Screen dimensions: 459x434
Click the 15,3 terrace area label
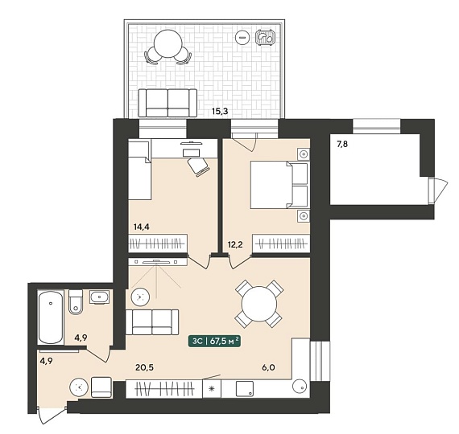220,111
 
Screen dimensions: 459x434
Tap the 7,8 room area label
342,144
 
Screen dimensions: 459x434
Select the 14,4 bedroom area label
142,227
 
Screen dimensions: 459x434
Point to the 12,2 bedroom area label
235,244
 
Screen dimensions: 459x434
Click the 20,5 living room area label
145,367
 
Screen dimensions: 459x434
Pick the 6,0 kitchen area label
268,367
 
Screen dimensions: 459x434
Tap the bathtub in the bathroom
51,317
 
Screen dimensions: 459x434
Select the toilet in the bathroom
76,302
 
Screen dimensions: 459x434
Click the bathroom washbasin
100,297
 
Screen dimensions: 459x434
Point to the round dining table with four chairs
259,304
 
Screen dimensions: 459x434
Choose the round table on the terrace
168,43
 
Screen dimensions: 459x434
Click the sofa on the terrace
167,103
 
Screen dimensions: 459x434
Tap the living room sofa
152,322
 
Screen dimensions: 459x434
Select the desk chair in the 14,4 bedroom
199,167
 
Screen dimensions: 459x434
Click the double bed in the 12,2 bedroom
279,186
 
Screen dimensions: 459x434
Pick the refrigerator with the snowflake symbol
212,389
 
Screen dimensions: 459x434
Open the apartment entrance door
52,414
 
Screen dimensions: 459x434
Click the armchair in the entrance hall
101,387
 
